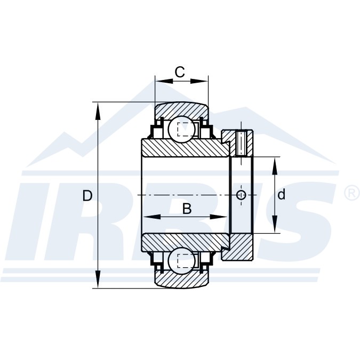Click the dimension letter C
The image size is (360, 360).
coord(180,72)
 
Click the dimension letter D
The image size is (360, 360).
coord(87,196)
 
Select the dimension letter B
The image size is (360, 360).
coord(187,209)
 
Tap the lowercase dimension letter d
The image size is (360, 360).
coord(281,194)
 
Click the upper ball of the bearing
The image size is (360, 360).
coord(182,129)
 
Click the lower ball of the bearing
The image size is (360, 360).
coord(182,261)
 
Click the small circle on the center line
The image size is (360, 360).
coord(241,195)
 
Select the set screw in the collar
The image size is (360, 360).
coord(241,142)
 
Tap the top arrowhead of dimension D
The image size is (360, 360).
coord(98,111)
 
